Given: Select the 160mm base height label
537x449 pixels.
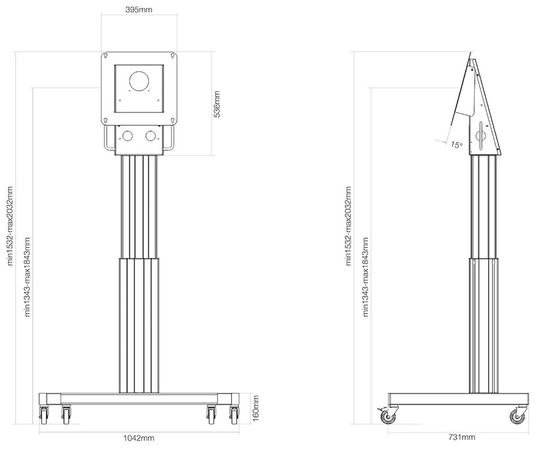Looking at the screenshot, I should pos(255,408).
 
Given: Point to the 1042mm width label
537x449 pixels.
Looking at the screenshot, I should pos(138,438).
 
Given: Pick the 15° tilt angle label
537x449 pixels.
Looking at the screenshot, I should pos(457,144).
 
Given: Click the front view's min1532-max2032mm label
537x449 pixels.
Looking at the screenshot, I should pos(9,225).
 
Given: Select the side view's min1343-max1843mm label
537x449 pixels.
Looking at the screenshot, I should pos(364,277).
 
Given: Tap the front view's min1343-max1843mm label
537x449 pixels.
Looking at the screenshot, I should pos(26,277).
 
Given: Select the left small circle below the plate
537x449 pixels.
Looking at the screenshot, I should pos(128,135).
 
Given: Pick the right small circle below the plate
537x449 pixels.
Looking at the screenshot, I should pos(150,135).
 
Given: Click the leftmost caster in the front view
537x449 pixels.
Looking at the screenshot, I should pos(44,413).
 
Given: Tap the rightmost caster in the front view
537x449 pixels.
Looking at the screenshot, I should pos(234,413).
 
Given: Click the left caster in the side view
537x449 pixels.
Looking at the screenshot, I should pos(384,415).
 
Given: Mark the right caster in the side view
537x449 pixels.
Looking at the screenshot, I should pos(516,415).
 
